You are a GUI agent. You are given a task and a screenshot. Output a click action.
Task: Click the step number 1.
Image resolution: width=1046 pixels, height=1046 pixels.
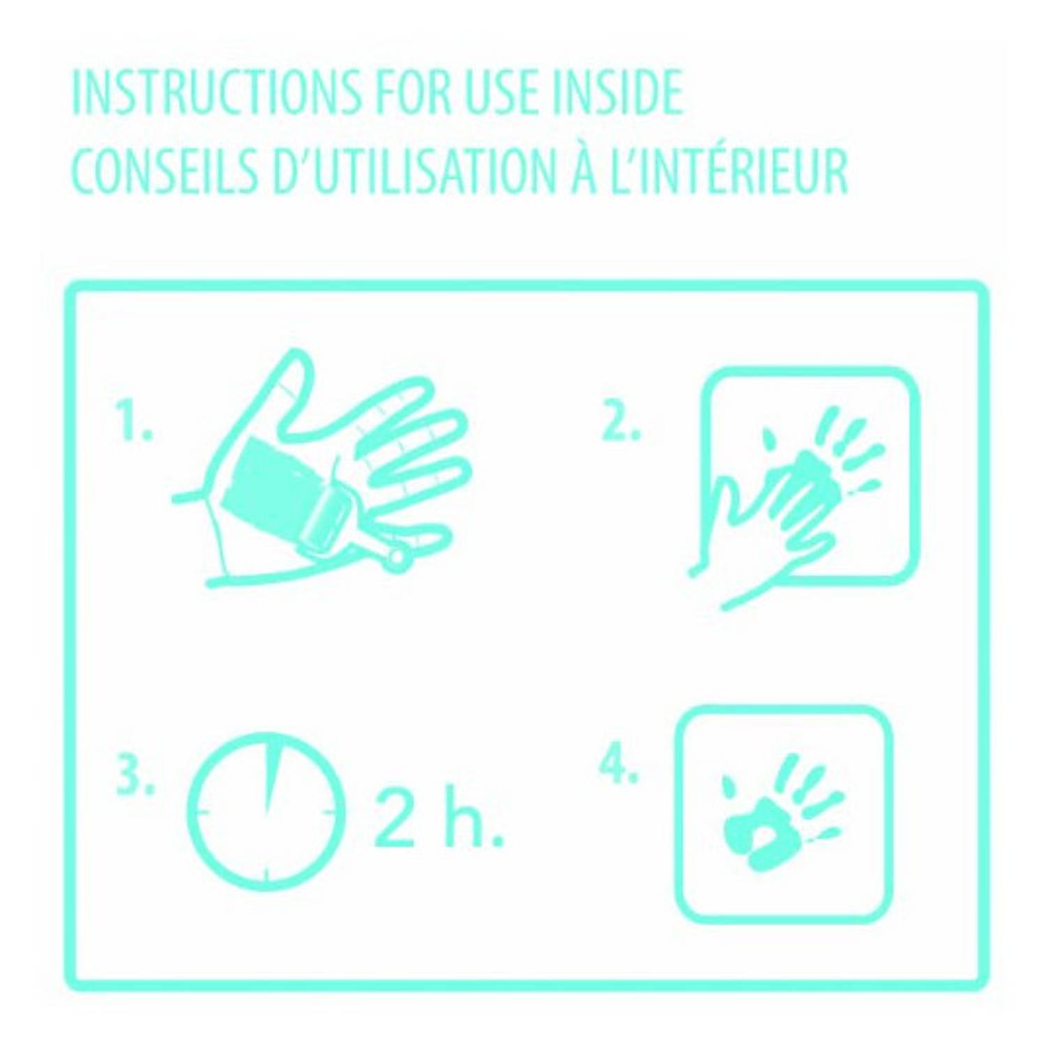coord(135,421)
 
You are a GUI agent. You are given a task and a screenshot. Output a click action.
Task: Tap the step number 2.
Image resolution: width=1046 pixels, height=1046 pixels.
coord(620,421)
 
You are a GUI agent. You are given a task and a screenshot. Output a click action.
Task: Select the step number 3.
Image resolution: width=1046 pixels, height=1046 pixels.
coord(135,775)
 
